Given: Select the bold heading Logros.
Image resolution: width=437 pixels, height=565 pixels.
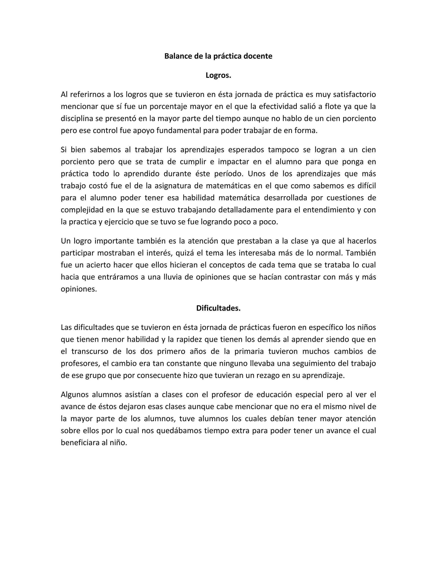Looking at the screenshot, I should (x=218, y=75).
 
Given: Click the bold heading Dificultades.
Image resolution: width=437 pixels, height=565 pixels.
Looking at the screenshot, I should (x=218, y=308).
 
